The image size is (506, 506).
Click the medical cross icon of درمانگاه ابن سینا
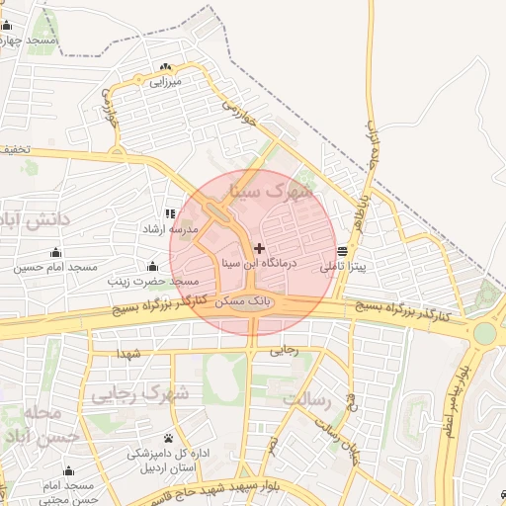[259, 247]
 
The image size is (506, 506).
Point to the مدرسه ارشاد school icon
[171, 212]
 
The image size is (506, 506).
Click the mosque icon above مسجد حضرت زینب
[152, 266]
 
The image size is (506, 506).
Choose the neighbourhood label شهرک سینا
[270, 188]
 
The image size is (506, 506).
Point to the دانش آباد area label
[36, 218]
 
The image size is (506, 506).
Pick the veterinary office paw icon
[169, 437]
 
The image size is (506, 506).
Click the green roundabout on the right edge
[484, 333]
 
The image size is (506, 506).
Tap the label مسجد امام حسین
[55, 267]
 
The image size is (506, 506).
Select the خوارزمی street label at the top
[240, 115]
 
